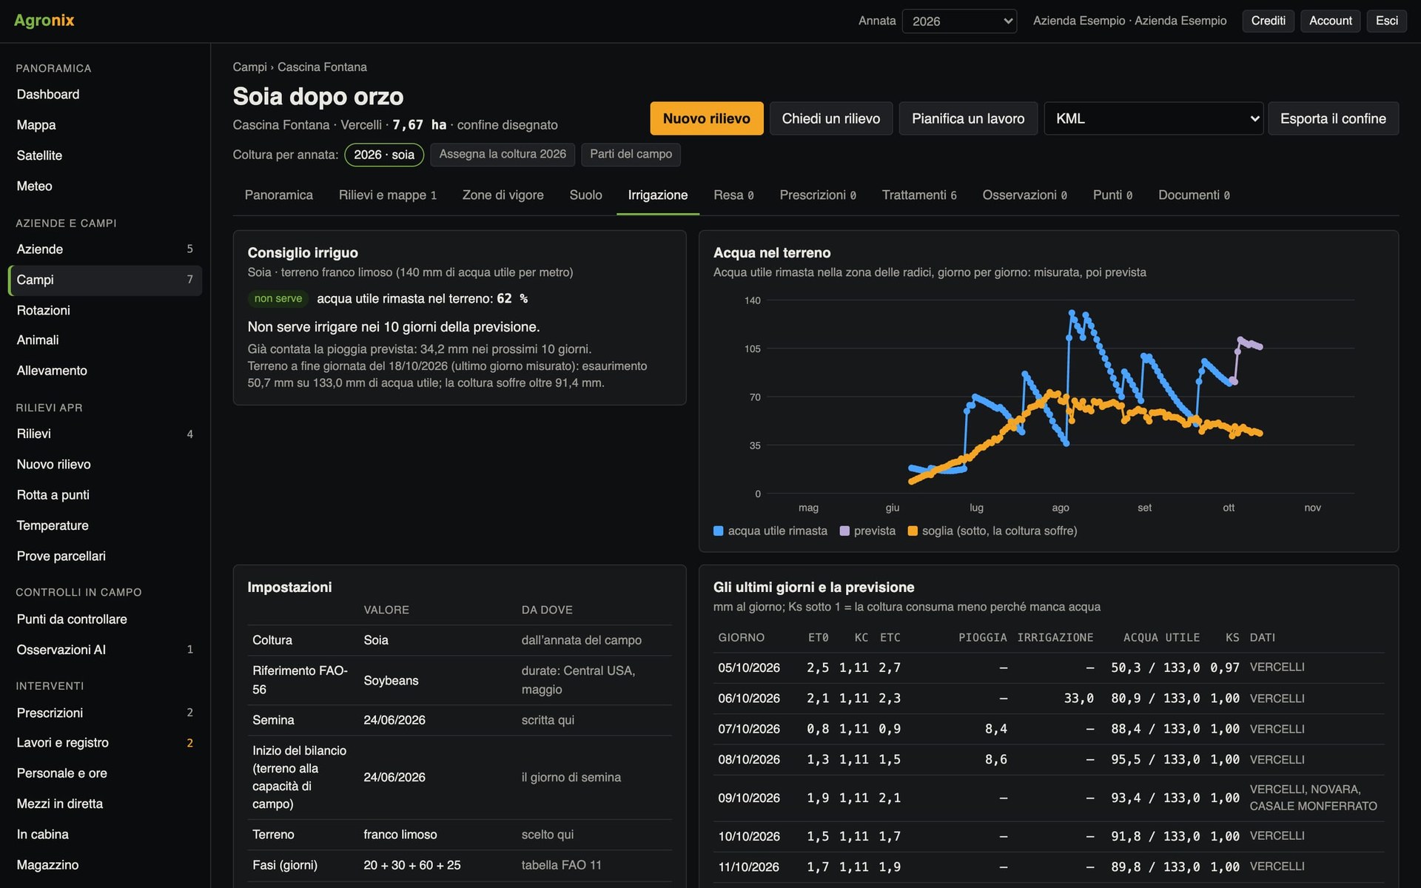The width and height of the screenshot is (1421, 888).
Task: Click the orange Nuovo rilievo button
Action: (x=706, y=118)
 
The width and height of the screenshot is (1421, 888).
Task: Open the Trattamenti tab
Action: (x=918, y=195)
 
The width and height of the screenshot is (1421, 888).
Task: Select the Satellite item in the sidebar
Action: (x=39, y=155)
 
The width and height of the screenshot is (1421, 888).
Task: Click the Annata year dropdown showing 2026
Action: (x=959, y=21)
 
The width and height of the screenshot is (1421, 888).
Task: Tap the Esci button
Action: (x=1386, y=21)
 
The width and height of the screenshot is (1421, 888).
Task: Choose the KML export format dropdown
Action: (x=1153, y=118)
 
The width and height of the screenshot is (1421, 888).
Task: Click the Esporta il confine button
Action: (x=1333, y=118)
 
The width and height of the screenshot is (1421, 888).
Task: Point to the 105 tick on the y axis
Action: (x=752, y=349)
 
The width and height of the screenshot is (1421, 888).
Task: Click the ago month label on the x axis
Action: (x=1060, y=508)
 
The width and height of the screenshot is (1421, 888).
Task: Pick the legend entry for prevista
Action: (x=867, y=531)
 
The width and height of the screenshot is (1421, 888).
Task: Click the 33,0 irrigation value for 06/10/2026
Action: (x=1078, y=698)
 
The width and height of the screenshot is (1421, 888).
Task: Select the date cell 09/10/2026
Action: (x=749, y=798)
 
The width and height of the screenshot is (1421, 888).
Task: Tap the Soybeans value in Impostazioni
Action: (x=391, y=680)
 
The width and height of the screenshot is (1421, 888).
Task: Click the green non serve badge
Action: (x=278, y=298)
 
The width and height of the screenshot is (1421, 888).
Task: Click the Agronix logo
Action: (x=44, y=21)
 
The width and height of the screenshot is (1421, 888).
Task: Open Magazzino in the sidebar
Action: (x=47, y=864)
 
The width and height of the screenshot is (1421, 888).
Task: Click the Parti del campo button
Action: (x=631, y=154)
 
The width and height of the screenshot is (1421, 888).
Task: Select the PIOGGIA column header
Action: (x=982, y=637)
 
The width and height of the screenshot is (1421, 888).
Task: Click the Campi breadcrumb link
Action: (x=249, y=67)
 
